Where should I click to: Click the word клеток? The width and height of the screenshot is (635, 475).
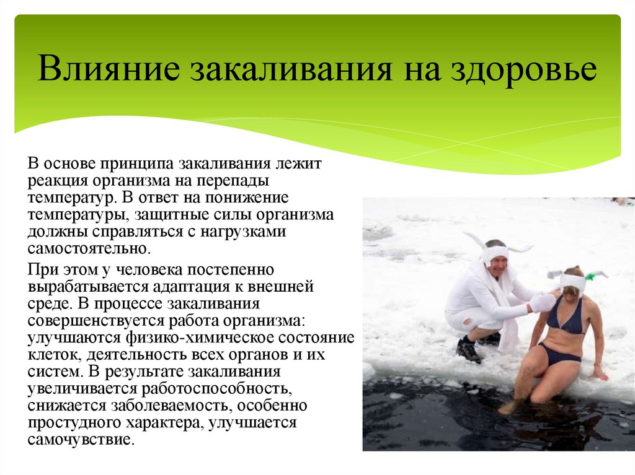click(54, 355)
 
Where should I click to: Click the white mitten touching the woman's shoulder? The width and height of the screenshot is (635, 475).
click(544, 302)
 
